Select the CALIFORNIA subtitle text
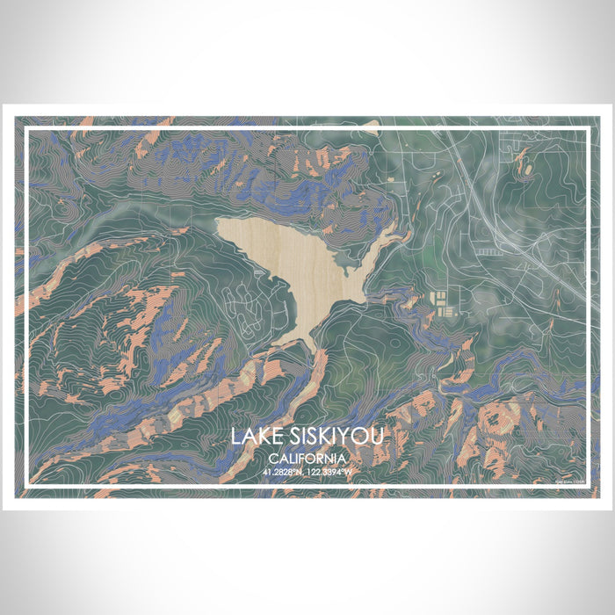point(307,459)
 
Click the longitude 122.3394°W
point(331,472)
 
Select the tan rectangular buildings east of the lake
point(442,304)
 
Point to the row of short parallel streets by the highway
point(492,251)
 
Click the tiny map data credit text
point(572,481)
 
